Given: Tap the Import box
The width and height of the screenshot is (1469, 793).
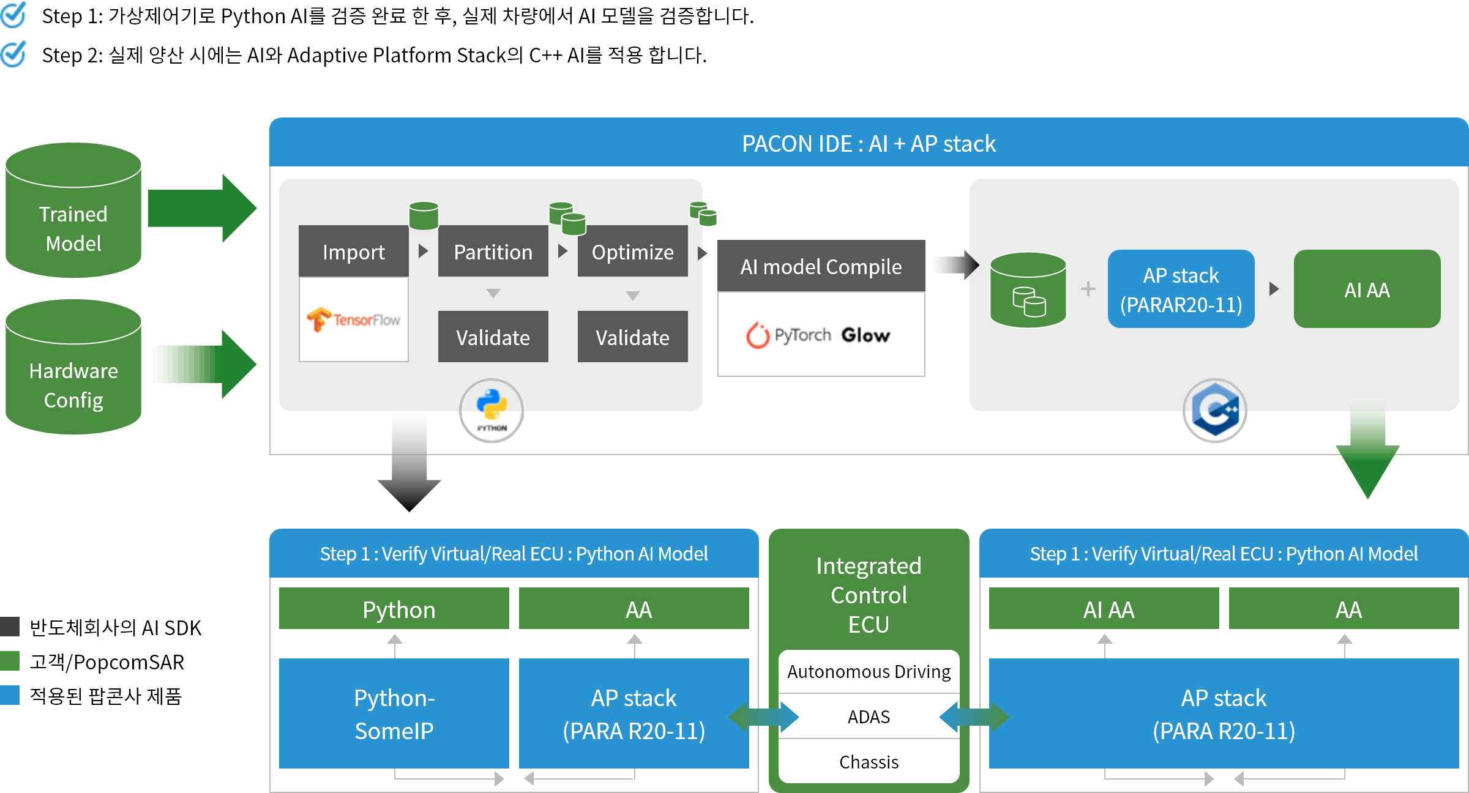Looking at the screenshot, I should [353, 251].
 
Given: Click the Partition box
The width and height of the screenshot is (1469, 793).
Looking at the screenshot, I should [493, 251].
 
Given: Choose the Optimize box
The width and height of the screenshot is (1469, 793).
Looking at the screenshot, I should [632, 251].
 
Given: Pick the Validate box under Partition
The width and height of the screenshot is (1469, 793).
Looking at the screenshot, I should [493, 337].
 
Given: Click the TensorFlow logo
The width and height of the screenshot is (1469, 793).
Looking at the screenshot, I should [353, 319].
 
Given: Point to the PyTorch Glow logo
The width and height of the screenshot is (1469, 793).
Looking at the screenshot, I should [820, 335].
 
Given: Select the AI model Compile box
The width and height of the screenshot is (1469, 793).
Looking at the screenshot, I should [820, 266].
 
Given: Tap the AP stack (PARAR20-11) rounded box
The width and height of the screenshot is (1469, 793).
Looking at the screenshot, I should [1181, 289].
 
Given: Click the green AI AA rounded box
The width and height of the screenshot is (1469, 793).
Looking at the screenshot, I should [1367, 289].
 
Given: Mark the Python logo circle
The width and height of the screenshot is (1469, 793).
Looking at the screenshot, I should [492, 409].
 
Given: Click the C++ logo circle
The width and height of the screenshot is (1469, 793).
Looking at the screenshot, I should [1215, 411].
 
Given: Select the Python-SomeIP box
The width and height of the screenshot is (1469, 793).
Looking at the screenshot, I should [394, 713].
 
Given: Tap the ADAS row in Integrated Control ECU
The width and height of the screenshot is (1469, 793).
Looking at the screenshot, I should [869, 717].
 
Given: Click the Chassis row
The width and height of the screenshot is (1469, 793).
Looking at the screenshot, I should [869, 762].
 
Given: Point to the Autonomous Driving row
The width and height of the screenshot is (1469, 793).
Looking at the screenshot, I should [869, 671].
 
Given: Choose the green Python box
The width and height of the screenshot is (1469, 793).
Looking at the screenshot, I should [394, 609].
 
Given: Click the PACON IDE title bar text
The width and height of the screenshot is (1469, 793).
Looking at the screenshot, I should [869, 144].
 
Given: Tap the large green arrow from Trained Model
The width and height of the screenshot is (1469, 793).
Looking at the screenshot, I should [202, 209].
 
